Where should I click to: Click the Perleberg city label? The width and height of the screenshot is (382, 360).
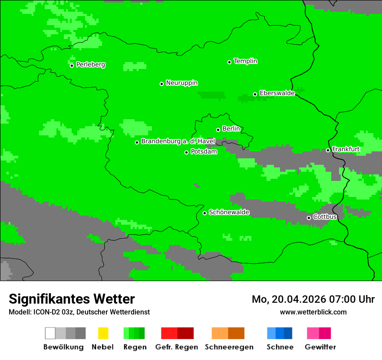90,65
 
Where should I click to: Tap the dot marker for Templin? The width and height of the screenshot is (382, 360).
229,62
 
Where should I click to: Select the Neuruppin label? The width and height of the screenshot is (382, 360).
181,83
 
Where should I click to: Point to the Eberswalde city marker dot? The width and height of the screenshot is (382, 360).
255,94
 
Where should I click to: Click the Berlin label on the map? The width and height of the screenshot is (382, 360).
231,129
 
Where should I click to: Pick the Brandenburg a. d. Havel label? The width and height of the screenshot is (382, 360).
178,141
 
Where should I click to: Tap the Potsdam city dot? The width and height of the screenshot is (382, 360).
187,152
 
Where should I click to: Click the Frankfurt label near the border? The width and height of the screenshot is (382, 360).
346,149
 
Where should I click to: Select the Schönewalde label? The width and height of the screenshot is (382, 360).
229,212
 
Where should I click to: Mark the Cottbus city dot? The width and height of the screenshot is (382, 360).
309,218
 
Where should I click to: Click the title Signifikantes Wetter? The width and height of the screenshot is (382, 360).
72,299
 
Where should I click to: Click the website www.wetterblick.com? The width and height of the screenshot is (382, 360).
313,312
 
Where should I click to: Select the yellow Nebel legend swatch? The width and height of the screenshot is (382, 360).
103,333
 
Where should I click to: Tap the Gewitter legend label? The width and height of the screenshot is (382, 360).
320,347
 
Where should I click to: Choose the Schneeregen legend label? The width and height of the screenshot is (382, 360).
229,347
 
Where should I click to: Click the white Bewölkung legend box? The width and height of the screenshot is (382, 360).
50,333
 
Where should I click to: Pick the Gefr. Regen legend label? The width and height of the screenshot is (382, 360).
176,347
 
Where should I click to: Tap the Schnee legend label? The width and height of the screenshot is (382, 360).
280,347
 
